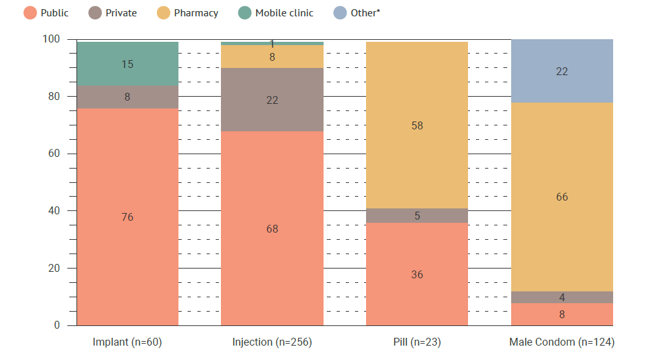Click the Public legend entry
tap(46, 13)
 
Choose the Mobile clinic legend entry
tap(276, 13)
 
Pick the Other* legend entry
tap(357, 13)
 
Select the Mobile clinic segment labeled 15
tap(127, 64)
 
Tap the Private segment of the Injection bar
tap(272, 100)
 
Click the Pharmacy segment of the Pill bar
tap(417, 125)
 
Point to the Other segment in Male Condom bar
tap(562, 71)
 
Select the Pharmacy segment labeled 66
tap(562, 197)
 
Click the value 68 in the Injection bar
tap(272, 229)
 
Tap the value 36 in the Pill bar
tap(417, 274)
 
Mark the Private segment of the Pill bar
tap(417, 216)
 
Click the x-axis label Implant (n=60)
tap(127, 342)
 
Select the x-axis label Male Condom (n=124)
tap(562, 342)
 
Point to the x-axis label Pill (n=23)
tap(417, 342)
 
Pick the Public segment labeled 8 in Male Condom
tap(562, 314)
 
